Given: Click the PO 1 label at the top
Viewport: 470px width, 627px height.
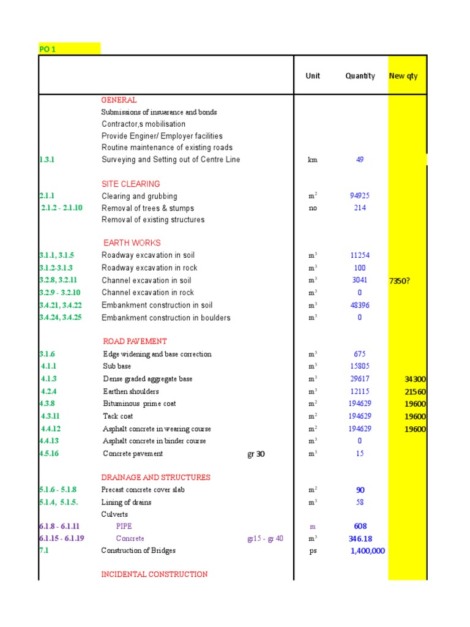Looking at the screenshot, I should coord(47,49).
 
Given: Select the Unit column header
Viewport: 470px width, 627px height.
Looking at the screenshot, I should coord(313,76).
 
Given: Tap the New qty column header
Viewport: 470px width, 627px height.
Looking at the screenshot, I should coord(403,76).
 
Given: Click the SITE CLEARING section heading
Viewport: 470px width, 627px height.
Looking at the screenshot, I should coord(131,184).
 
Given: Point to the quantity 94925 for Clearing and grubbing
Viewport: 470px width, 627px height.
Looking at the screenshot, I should coord(360,196).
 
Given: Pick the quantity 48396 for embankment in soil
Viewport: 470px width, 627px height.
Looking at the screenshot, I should coord(360,305).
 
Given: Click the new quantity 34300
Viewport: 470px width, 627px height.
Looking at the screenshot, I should coord(415,380).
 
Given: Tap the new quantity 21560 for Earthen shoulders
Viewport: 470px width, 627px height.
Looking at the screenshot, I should coord(415,392).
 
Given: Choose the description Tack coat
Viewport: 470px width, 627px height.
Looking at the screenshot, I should coord(118,416).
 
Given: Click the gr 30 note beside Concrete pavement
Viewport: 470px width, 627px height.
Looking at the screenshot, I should coord(256,454).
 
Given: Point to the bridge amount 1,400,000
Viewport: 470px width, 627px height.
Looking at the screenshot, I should coord(367,551).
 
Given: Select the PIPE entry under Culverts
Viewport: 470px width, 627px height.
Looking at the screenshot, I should coord(124,526).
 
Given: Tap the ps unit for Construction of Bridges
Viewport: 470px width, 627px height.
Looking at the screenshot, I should coord(313,551).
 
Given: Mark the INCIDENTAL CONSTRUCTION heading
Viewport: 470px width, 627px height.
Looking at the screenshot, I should coord(154,574).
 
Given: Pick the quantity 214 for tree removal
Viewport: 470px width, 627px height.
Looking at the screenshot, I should coord(360,208).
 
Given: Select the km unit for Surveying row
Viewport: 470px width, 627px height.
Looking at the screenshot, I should coord(313,160).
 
